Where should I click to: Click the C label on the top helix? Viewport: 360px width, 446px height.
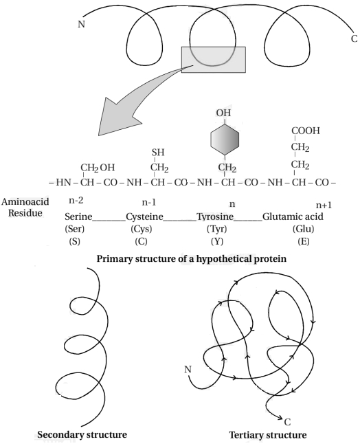click(354, 38)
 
